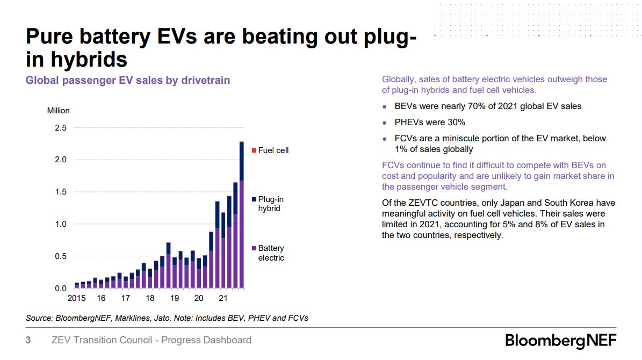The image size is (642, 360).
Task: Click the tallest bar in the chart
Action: click(241, 215)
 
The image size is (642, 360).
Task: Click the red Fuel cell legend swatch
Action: click(254, 150)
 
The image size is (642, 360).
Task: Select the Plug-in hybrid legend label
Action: click(271, 204)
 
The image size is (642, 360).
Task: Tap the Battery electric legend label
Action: click(271, 253)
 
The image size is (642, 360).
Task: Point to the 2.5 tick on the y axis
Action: click(60, 128)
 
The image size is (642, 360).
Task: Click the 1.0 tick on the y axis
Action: click(60, 224)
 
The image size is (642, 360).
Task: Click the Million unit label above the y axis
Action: click(59, 111)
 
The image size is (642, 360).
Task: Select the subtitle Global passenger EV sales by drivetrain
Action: click(128, 80)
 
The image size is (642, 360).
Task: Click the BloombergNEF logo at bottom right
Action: click(560, 341)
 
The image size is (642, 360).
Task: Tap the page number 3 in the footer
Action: click(28, 340)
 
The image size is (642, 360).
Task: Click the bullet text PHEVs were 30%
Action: click(430, 122)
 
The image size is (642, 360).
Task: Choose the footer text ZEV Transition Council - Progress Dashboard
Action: click(151, 340)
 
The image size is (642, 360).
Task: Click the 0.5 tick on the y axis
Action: click(60, 256)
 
